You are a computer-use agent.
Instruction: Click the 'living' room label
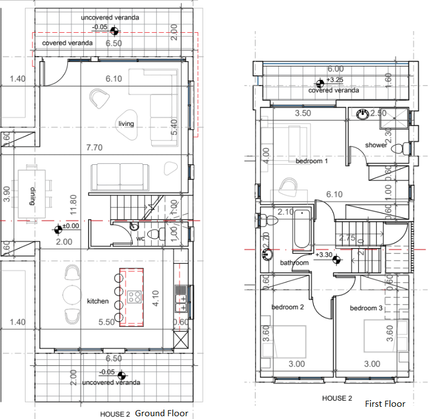pyautogui.click(x=126, y=124)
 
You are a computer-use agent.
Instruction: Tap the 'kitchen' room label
pyautogui.click(x=98, y=301)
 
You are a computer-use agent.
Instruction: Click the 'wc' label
pyautogui.click(x=141, y=239)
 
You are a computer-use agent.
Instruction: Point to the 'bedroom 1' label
pyautogui.click(x=312, y=161)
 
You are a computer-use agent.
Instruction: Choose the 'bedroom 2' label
pyautogui.click(x=287, y=307)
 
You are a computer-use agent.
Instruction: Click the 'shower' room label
pyautogui.click(x=375, y=145)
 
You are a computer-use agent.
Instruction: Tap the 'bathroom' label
pyautogui.click(x=294, y=262)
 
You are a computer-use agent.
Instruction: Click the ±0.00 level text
pyautogui.click(x=71, y=226)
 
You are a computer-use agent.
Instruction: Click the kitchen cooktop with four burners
pyautogui.click(x=134, y=296)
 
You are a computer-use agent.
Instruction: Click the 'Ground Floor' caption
pyautogui.click(x=162, y=413)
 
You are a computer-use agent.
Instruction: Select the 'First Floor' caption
pyautogui.click(x=385, y=403)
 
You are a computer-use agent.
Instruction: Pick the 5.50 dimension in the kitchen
pyautogui.click(x=107, y=322)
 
